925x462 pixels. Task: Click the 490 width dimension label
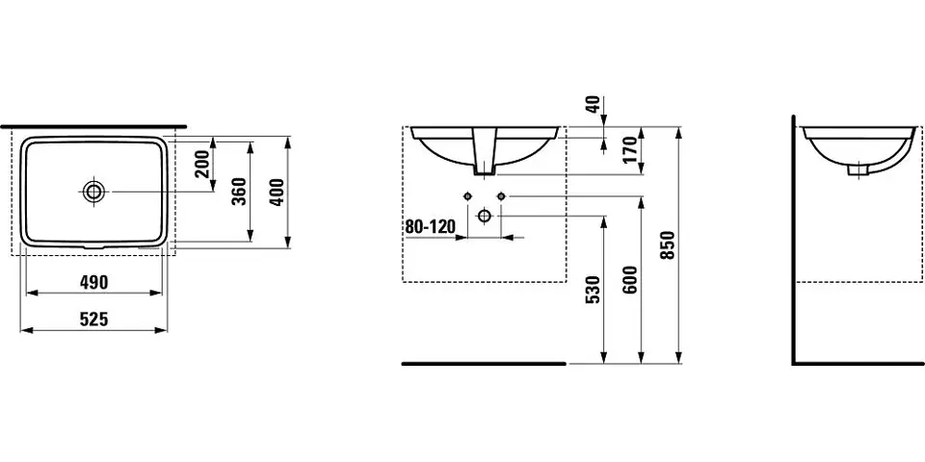point(93,283)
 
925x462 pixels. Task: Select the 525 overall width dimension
point(93,320)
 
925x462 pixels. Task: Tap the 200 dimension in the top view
point(202,165)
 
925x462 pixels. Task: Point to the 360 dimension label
point(239,191)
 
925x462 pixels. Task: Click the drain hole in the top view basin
point(92,191)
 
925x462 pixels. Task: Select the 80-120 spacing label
point(431,226)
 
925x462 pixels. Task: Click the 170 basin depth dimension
point(630,150)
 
